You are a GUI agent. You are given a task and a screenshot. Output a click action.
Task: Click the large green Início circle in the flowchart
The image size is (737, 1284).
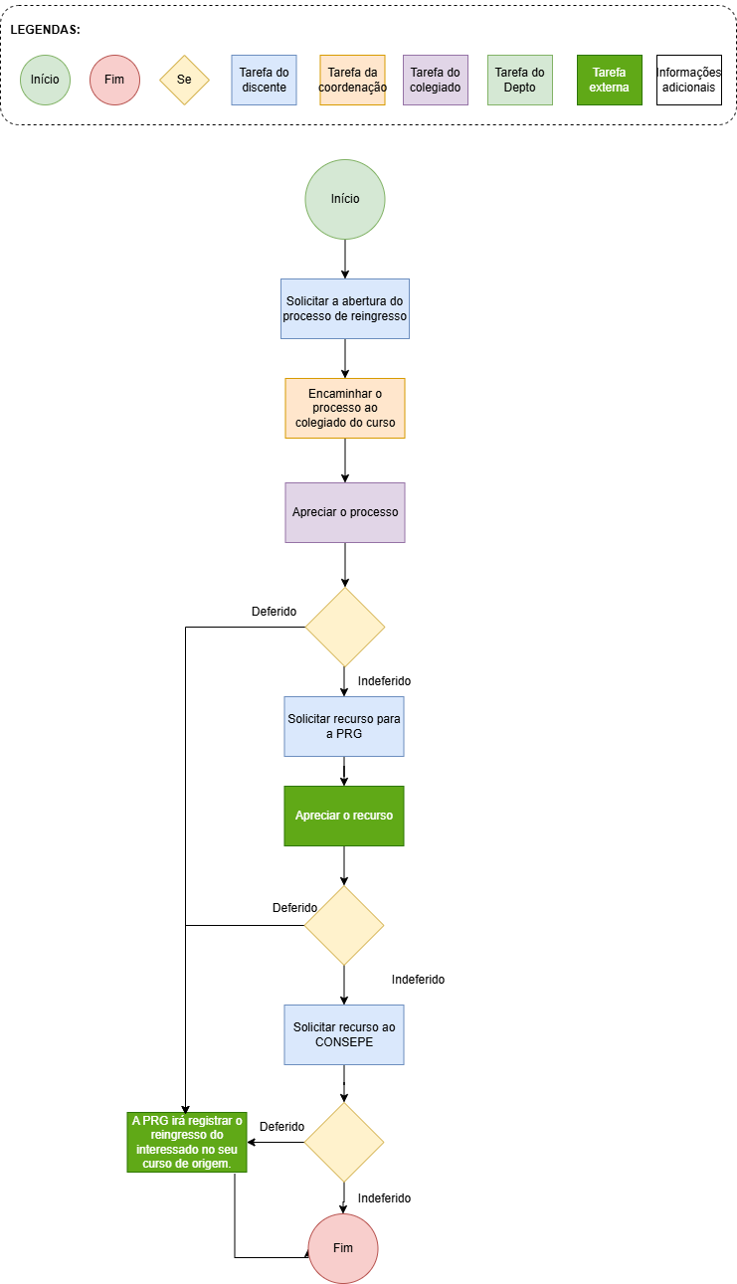(344, 199)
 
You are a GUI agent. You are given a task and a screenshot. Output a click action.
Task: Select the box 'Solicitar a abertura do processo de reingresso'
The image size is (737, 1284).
(344, 308)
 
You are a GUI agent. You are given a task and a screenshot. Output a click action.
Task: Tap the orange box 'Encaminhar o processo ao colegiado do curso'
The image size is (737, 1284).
(344, 408)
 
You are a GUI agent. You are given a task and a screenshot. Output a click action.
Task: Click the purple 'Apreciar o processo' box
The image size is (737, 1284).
(344, 512)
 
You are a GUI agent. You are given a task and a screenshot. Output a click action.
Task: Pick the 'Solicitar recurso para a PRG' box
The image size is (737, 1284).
(344, 726)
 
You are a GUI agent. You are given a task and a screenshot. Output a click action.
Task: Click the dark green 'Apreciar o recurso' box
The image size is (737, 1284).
(344, 816)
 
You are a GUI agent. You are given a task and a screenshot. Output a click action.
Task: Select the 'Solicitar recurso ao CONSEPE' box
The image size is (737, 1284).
(344, 1034)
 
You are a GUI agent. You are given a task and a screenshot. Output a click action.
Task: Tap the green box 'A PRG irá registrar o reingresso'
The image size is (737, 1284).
(187, 1142)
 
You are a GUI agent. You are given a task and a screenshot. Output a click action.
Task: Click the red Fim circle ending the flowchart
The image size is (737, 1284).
(343, 1248)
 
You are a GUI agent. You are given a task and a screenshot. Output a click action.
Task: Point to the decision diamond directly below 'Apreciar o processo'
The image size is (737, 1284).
(344, 627)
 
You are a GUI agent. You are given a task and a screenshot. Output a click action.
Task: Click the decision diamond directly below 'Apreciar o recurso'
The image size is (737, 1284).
(344, 925)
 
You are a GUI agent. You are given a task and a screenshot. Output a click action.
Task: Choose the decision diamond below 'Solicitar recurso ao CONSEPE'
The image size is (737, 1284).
(344, 1142)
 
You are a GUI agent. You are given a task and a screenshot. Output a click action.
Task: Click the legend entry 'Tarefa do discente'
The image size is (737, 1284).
(264, 80)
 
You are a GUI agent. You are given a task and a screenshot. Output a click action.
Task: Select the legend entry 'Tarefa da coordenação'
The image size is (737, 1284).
(352, 80)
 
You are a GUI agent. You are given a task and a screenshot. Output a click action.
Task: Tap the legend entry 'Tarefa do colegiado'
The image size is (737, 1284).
(435, 80)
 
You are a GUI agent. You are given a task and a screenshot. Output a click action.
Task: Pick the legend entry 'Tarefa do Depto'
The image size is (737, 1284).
(520, 80)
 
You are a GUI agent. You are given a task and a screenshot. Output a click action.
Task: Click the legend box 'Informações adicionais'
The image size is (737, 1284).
(689, 80)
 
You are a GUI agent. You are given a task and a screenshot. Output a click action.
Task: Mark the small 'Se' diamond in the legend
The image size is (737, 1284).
(184, 80)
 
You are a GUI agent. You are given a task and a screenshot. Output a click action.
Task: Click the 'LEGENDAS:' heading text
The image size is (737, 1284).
(46, 30)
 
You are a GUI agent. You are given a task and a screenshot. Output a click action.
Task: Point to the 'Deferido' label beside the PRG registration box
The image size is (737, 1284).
(281, 1127)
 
